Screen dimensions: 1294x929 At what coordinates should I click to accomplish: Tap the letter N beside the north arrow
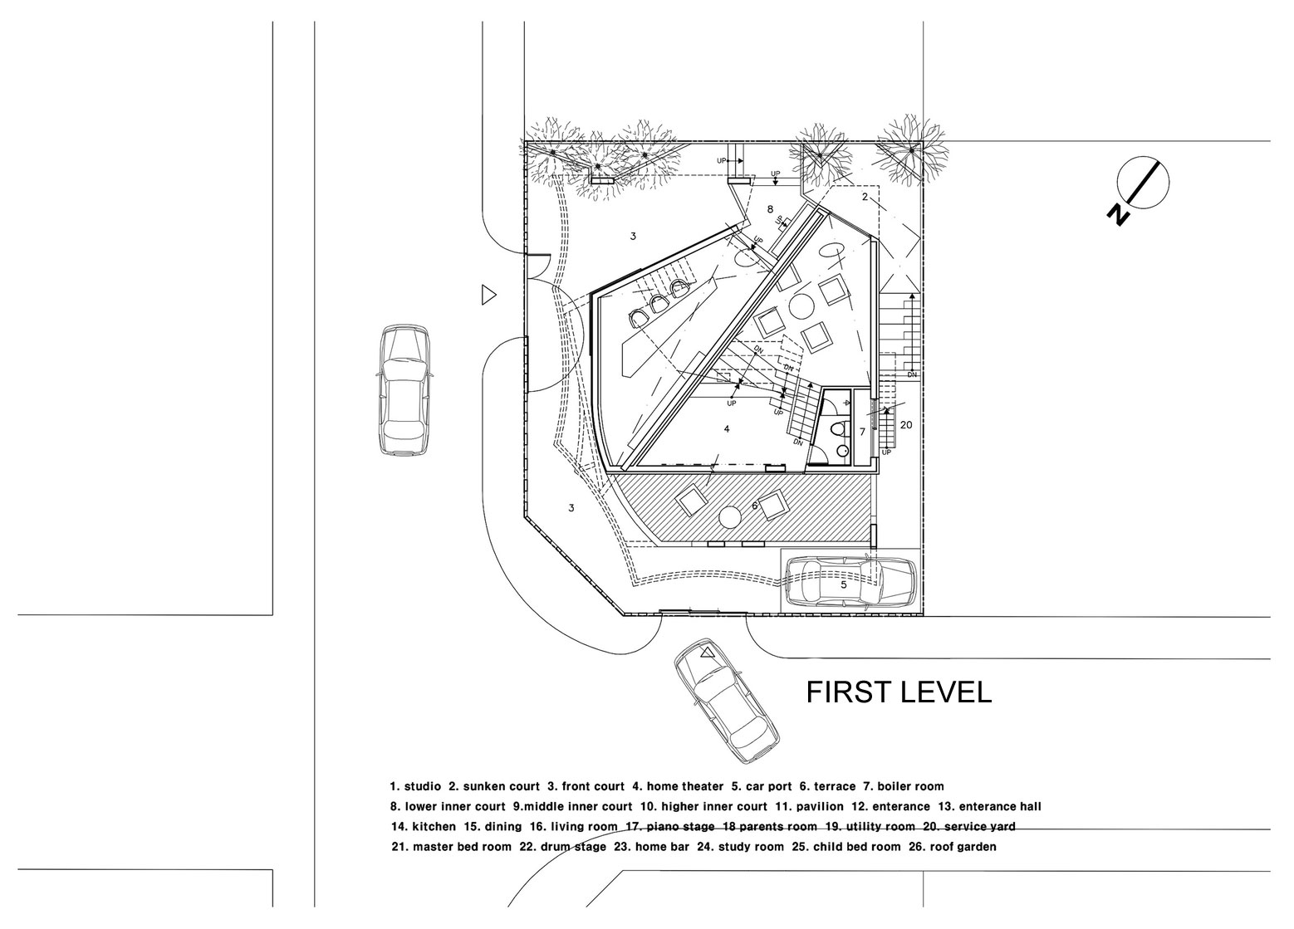[x=1119, y=215]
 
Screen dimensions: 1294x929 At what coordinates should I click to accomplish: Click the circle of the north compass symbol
[x=1143, y=183]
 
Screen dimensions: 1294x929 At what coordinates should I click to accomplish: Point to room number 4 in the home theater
[x=727, y=429]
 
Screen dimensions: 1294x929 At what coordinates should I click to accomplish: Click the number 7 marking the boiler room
[x=862, y=432]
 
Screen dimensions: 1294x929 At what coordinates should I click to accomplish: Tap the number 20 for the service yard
[x=906, y=425]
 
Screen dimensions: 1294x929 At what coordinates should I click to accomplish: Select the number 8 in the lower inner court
[x=770, y=209]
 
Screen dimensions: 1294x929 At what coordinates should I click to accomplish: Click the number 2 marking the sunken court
[x=865, y=197]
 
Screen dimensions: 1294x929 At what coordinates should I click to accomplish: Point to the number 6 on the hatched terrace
[x=754, y=506]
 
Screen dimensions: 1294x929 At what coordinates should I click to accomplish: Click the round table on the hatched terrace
[x=729, y=517]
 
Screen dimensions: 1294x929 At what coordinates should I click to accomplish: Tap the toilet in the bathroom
[x=837, y=429]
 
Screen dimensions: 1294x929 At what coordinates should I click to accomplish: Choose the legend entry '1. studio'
[x=415, y=786]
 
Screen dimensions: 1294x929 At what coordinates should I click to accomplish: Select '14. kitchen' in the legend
[x=424, y=827]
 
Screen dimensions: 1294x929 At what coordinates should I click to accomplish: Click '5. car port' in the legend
[x=762, y=786]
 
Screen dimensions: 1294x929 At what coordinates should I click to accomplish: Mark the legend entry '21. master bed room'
[x=451, y=847]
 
